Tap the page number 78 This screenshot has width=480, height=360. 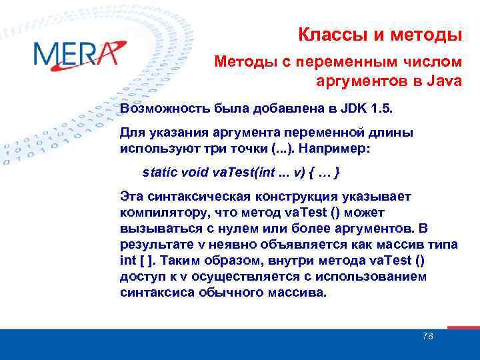(x=427, y=336)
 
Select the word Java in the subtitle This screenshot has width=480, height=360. (x=443, y=82)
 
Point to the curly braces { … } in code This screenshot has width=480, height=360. (x=324, y=173)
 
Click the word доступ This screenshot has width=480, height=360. (x=141, y=276)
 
